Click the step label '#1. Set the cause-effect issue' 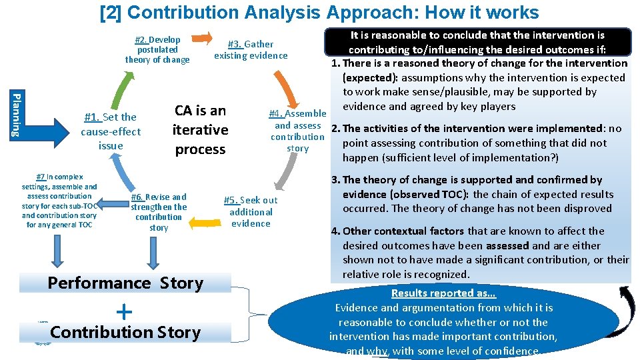(x=110, y=131)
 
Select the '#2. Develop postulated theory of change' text (x=157, y=50)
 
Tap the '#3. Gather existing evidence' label (x=251, y=50)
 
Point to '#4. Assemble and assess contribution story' (x=297, y=131)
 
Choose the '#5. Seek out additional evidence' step (x=251, y=211)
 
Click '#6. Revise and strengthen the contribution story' (x=159, y=212)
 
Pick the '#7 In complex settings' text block (x=59, y=201)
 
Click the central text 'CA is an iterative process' (x=200, y=130)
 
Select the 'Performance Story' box (x=125, y=283)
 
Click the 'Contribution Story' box (x=125, y=332)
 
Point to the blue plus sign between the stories (x=124, y=311)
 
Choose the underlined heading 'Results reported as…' (x=443, y=293)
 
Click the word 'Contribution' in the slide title (x=218, y=12)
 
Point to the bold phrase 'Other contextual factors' (x=403, y=231)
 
